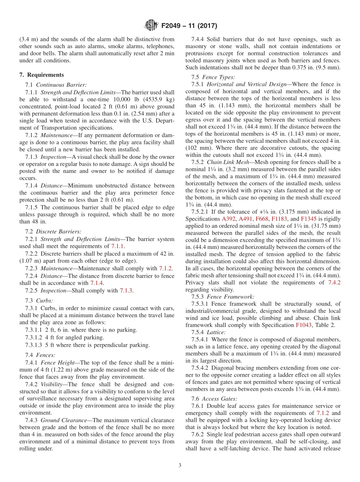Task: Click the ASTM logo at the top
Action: tap(151, 26)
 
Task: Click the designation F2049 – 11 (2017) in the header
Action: tap(189, 26)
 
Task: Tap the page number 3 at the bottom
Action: tap(180, 466)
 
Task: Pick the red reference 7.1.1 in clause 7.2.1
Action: tap(117, 246)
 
